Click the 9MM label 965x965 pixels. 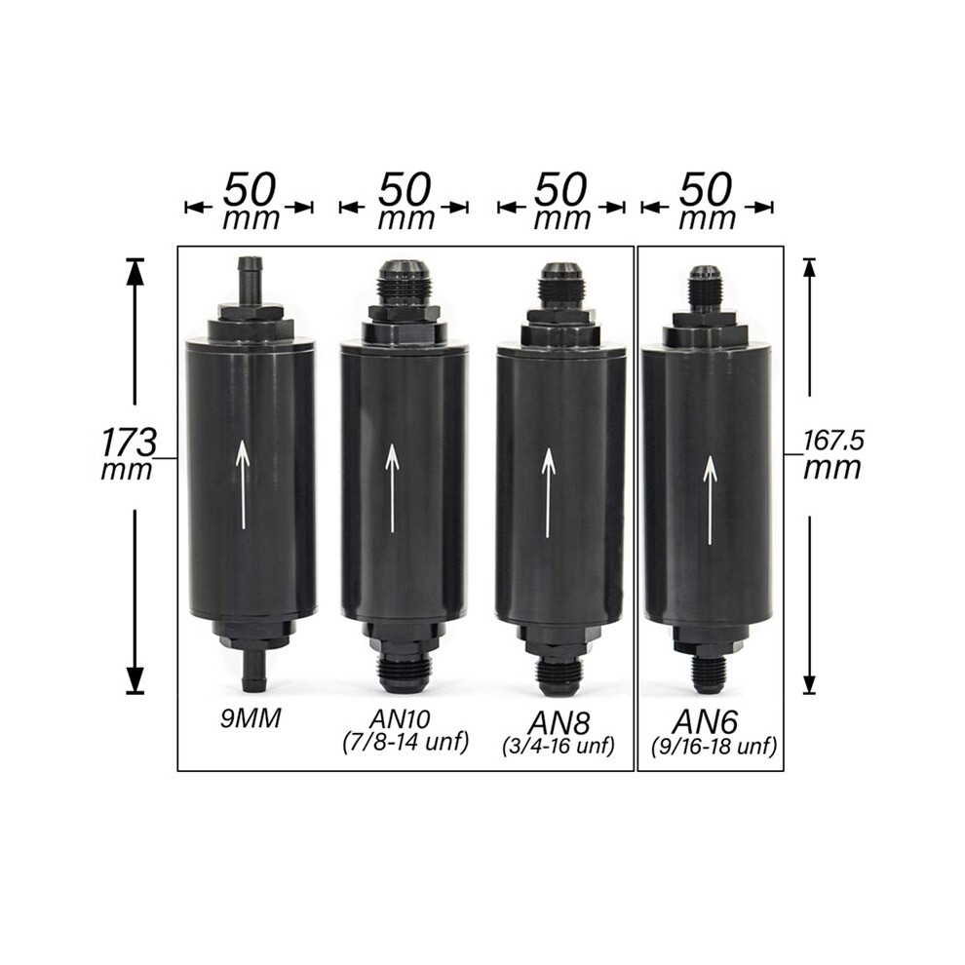251,718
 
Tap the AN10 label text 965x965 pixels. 400,718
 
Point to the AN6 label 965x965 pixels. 705,720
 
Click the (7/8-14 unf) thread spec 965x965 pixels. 405,742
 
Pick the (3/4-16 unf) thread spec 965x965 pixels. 559,747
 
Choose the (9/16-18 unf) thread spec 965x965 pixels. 714,747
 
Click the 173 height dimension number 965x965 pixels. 129,442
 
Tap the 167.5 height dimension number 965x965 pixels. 834,441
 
